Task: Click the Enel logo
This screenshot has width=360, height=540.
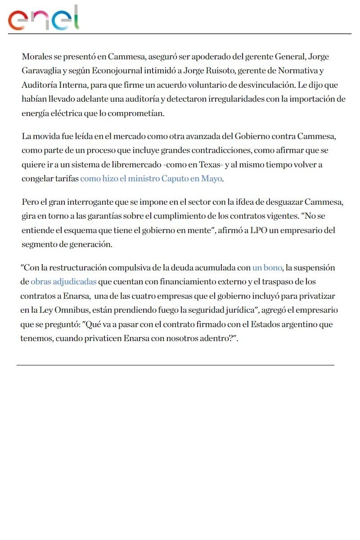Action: coord(44,18)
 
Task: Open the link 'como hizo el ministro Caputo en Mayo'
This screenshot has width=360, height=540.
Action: coord(151,179)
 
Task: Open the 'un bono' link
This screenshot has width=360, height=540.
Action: coord(267,268)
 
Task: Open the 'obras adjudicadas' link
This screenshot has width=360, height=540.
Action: coord(63,282)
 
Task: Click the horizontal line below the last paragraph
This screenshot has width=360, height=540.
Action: coord(175,365)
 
